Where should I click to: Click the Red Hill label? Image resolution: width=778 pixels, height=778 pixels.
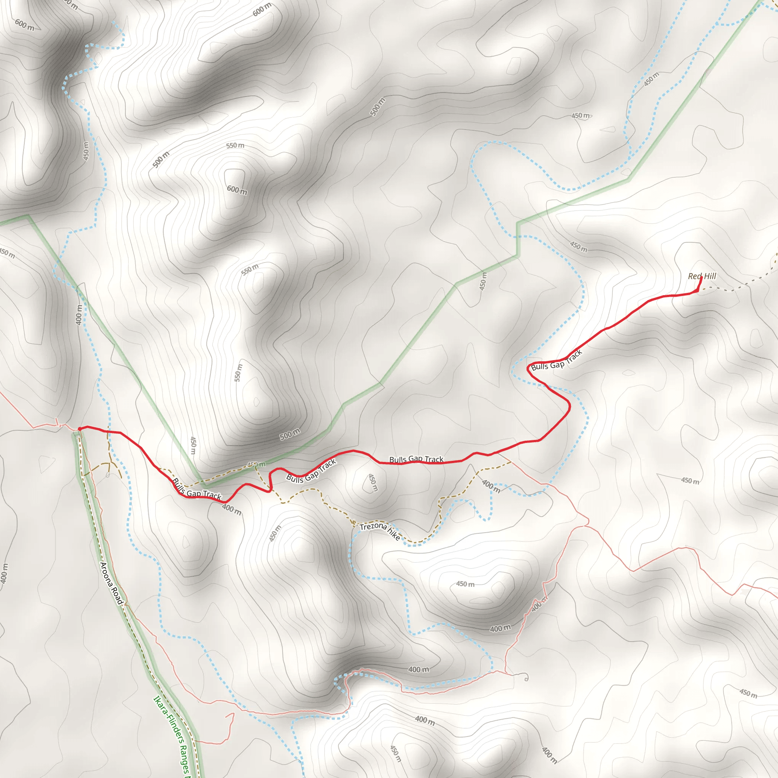(702, 276)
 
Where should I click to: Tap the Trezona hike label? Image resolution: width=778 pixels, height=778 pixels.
(380, 531)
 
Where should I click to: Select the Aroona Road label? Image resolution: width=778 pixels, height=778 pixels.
(111, 583)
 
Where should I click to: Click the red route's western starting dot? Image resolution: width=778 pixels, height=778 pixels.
(79, 429)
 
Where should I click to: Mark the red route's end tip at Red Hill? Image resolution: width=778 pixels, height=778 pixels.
(702, 277)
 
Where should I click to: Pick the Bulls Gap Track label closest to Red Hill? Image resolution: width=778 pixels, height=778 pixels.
(557, 361)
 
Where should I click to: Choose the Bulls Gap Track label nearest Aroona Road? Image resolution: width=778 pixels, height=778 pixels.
(196, 489)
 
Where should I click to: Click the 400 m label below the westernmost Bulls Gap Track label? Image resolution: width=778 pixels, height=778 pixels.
(232, 509)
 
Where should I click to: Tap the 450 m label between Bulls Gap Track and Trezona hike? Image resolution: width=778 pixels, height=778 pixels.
(373, 482)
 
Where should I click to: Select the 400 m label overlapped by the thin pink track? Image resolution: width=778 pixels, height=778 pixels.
(539, 604)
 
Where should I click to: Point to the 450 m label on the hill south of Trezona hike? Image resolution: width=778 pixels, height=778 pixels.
(465, 584)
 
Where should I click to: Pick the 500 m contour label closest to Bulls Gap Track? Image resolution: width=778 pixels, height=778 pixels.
(290, 435)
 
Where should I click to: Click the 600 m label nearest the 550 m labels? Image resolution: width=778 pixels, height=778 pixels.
(237, 190)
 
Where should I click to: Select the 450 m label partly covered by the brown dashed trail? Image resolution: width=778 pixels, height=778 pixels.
(256, 465)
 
